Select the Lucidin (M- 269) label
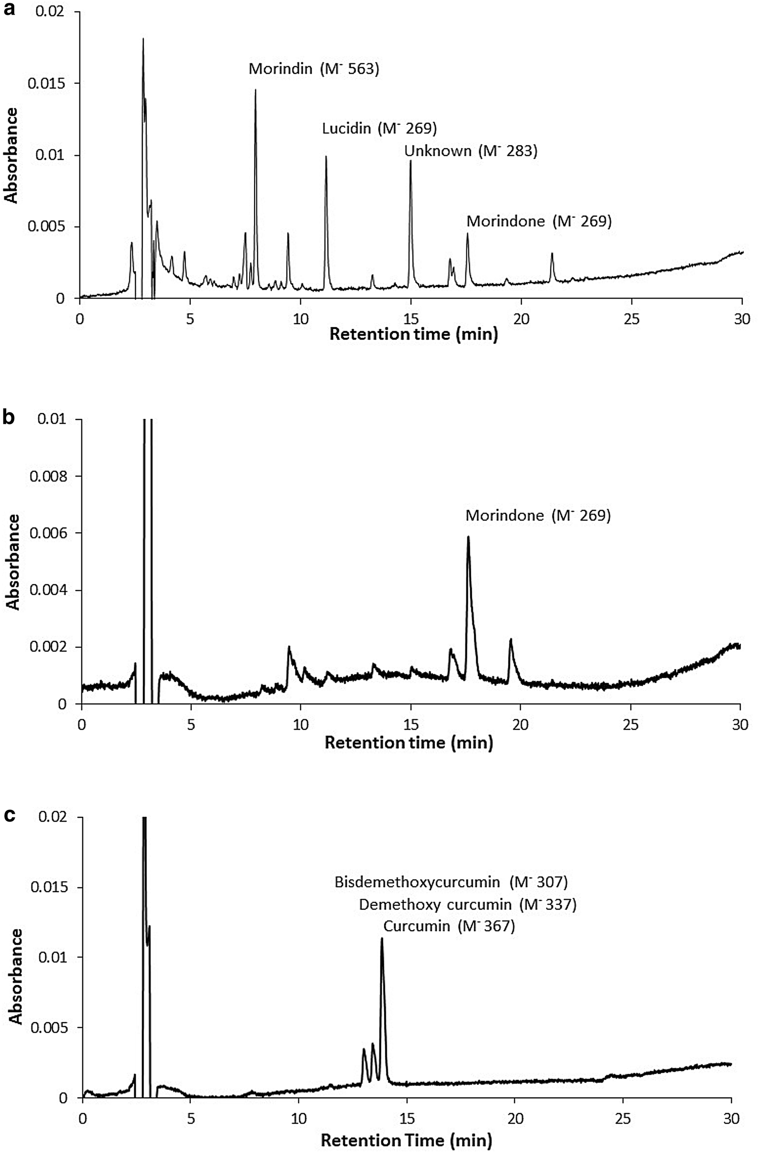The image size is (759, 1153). coord(379,129)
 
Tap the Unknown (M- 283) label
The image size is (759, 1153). coord(471,151)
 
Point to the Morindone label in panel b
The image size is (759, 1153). coord(538,516)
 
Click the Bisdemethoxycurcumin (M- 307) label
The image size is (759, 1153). coord(451,882)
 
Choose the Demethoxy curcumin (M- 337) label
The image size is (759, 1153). coord(467,905)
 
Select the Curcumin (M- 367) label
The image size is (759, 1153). coord(449,926)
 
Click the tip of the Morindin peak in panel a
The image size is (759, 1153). coord(255,90)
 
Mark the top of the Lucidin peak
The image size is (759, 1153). coord(326,157)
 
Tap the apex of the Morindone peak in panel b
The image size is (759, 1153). coord(468,537)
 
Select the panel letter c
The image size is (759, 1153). coord(8,815)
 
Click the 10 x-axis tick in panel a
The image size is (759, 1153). coord(300,319)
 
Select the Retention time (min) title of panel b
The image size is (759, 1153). coord(409,743)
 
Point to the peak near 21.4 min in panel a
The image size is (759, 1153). coord(552,253)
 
